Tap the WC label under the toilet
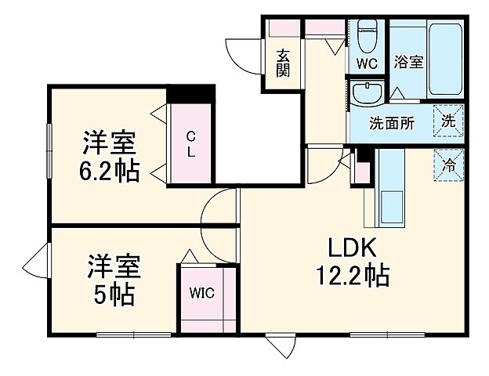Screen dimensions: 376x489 tap(366, 63)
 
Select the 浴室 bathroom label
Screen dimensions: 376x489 tap(408, 61)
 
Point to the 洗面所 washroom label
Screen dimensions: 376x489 tap(392, 123)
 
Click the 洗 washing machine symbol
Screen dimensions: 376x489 tap(449, 121)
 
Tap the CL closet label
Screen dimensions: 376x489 tap(190, 145)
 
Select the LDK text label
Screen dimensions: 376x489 tap(353, 249)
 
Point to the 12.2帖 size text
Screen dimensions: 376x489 tap(353, 276)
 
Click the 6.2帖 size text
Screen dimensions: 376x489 tap(110, 170)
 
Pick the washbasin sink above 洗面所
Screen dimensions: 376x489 tap(366, 95)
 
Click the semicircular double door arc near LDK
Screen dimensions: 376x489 tap(220, 219)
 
